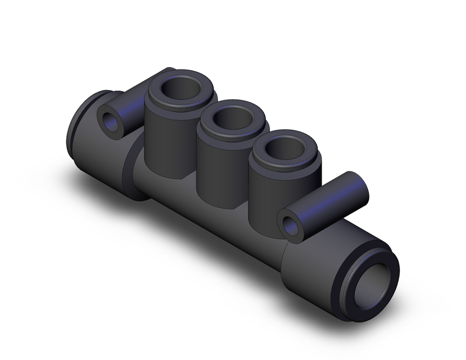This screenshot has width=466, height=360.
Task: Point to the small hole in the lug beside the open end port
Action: [x=290, y=226]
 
